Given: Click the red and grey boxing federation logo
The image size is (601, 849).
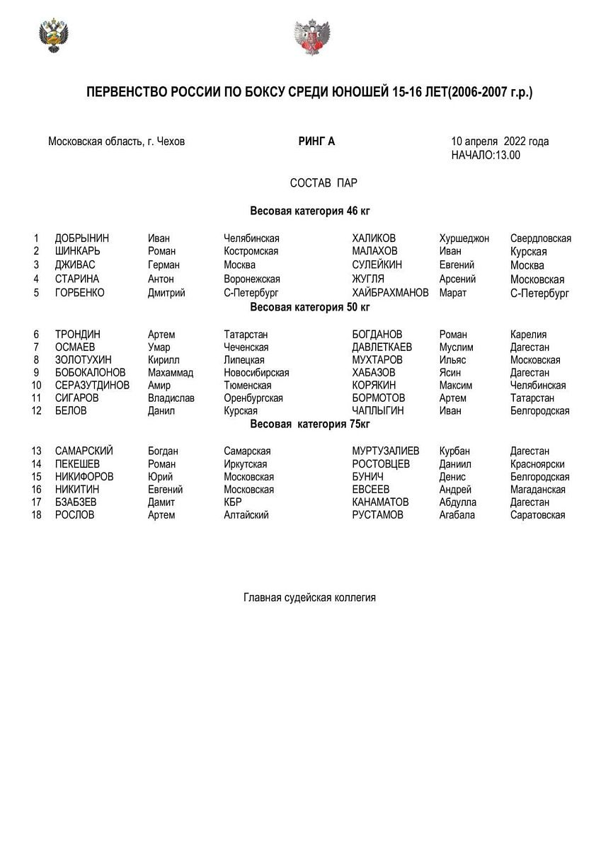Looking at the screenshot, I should click(310, 37).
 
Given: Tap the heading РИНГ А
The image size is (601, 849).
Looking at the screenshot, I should click(316, 141).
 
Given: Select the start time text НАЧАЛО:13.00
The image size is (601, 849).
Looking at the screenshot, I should click(486, 155).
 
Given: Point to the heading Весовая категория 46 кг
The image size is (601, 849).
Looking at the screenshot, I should click(310, 211).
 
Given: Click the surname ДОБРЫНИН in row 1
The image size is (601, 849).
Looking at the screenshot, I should click(82, 238).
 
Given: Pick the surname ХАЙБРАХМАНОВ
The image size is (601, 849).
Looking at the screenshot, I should click(390, 292).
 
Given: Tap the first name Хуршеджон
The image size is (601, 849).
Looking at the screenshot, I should click(464, 238).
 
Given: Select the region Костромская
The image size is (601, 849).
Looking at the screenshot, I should click(251, 251).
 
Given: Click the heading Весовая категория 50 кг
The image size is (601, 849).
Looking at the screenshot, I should click(310, 307).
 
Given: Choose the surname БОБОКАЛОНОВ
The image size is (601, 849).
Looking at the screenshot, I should click(91, 372).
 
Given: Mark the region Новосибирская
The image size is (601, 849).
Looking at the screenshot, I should click(256, 372).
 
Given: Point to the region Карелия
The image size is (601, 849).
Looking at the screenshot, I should click(528, 334).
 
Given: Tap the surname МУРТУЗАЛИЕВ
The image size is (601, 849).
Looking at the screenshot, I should click(385, 451).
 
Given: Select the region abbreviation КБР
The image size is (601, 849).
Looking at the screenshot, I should click(233, 502).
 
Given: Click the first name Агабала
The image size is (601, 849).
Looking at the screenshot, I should click(457, 515).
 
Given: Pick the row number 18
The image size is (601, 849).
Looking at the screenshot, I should click(37, 515).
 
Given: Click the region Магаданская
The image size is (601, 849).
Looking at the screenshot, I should click(537, 489).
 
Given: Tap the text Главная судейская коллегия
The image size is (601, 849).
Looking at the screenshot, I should click(309, 598).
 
